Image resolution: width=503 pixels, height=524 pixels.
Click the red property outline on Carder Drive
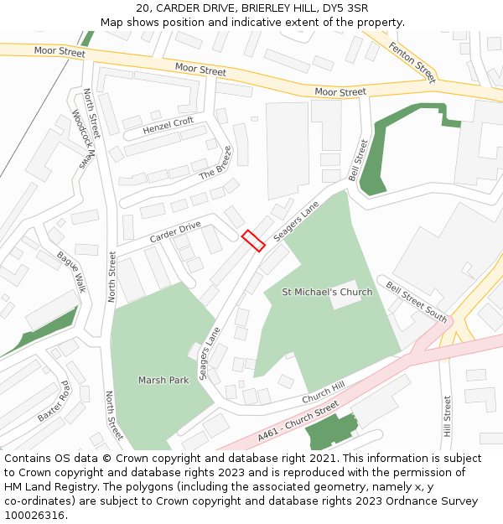[253, 241]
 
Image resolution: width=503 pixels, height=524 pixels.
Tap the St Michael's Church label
[327, 293]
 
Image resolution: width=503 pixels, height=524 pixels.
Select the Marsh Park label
[163, 380]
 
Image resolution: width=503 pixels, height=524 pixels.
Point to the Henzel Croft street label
[168, 126]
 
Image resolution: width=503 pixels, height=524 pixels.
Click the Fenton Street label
[412, 61]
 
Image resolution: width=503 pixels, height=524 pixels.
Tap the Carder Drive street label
[175, 232]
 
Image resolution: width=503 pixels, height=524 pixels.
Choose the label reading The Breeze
[215, 163]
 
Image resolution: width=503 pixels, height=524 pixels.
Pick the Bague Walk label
[72, 271]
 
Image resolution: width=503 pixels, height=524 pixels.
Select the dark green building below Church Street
[329, 433]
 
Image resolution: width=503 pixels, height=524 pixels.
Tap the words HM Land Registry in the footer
[42, 487]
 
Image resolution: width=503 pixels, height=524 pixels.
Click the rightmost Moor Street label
[340, 91]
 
